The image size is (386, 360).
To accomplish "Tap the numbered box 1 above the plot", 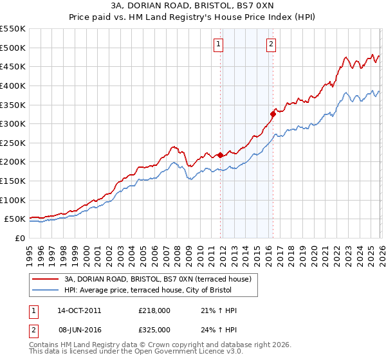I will pyautogui.click(x=219, y=44).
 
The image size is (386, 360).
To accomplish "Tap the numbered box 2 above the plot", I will pyautogui.click(x=271, y=44).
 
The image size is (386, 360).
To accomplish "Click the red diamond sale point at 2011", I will pyautogui.click(x=220, y=155).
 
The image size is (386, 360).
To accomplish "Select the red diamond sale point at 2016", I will pyautogui.click(x=273, y=114).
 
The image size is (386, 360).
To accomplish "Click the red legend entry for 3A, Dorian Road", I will pyautogui.click(x=161, y=279).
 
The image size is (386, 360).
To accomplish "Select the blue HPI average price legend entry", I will pyautogui.click(x=161, y=291).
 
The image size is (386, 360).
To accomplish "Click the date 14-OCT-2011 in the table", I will pyautogui.click(x=79, y=310).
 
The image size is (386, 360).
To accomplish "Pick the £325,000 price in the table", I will pyautogui.click(x=154, y=329).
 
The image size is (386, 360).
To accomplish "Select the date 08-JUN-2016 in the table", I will pyautogui.click(x=79, y=329).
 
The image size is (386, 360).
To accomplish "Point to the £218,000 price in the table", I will pyautogui.click(x=154, y=310).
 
